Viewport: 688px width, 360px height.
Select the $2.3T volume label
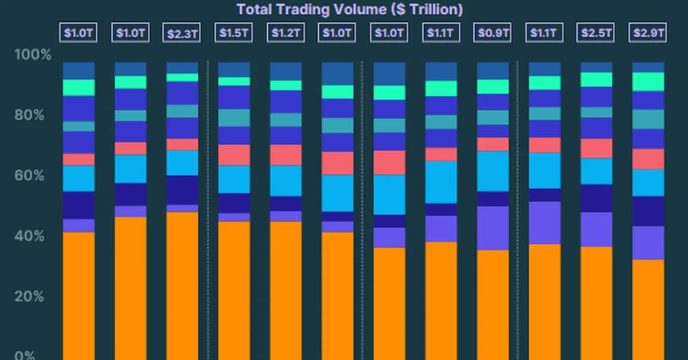tap(182, 33)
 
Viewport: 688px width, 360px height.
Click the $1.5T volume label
tap(233, 33)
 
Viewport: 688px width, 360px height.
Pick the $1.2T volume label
tap(286, 33)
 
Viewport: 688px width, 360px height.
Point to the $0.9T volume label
tap(492, 33)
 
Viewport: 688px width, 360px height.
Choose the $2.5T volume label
tap(596, 33)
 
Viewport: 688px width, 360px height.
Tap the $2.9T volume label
tap(648, 33)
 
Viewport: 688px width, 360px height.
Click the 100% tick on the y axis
tap(33, 56)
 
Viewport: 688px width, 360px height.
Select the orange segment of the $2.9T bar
tap(648, 310)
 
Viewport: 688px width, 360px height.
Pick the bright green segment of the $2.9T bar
tap(648, 81)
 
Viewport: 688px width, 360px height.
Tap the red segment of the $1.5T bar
tap(233, 155)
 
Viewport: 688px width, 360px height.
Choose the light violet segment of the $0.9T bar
tap(492, 228)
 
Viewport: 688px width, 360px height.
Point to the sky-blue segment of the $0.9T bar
tap(492, 171)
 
